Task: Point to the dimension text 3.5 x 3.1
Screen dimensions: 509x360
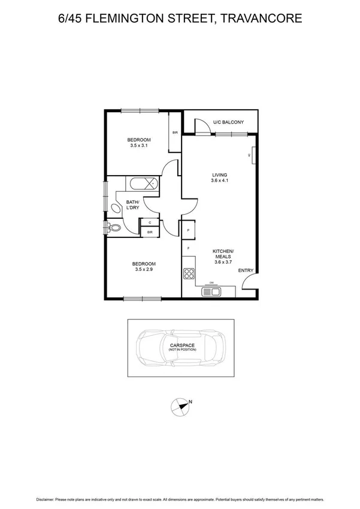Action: click(138, 144)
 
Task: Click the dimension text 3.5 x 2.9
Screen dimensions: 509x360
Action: click(144, 269)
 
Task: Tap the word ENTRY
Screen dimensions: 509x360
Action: click(246, 271)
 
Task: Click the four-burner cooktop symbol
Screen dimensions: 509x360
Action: click(189, 274)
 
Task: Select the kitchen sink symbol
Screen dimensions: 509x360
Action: click(212, 292)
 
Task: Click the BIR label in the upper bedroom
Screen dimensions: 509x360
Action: click(176, 132)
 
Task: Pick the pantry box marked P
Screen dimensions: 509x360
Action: click(188, 230)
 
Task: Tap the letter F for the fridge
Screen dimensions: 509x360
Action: click(188, 248)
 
